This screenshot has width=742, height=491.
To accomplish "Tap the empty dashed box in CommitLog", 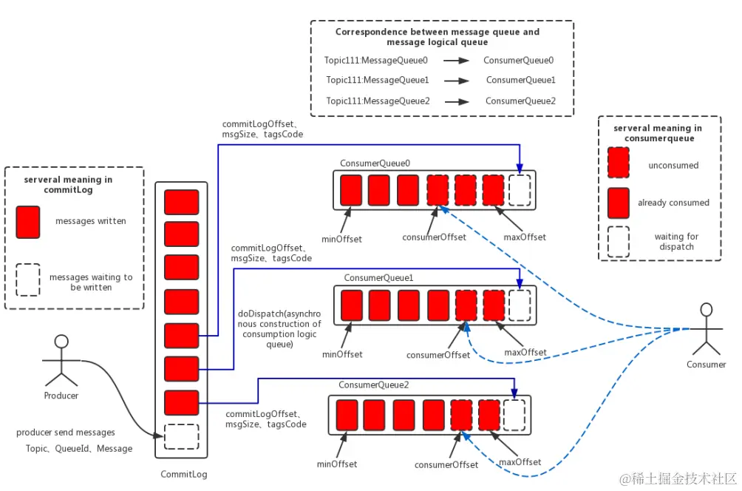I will point(181,436).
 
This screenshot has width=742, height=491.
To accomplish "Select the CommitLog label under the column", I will point(184,474).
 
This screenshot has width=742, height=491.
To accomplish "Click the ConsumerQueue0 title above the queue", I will point(375,163).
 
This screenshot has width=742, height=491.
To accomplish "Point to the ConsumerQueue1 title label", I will point(378,277).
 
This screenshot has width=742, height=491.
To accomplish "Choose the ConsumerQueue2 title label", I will point(373,385).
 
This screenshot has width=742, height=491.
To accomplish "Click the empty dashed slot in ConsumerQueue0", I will point(520,190).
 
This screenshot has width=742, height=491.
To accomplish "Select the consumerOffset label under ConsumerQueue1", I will point(438,355).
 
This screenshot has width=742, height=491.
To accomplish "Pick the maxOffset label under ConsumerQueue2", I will point(520,462).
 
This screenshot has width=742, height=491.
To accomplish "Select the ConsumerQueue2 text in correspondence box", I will point(520,101).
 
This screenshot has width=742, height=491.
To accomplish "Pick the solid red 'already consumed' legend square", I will point(618,202).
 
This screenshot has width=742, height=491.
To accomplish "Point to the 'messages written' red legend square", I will point(28,221).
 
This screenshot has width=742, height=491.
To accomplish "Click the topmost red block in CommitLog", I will point(181,202).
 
